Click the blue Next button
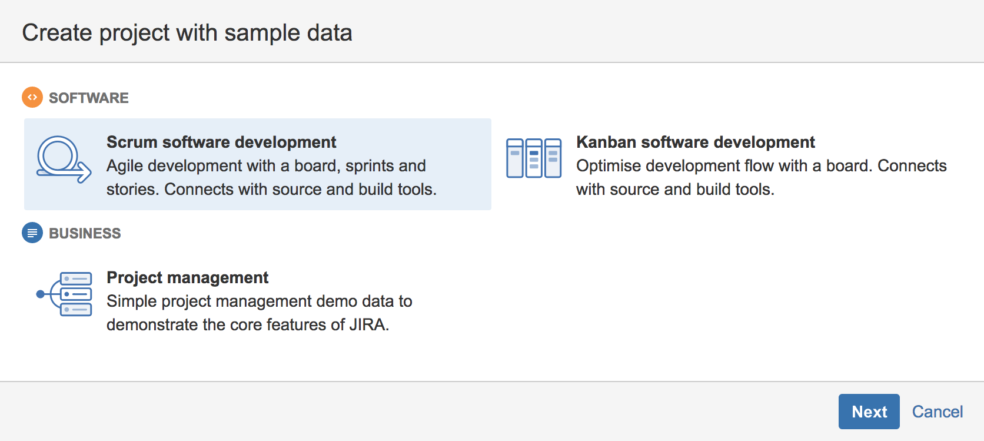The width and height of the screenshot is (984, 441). pyautogui.click(x=869, y=412)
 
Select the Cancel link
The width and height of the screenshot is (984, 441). pyautogui.click(x=938, y=412)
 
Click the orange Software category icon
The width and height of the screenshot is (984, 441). pyautogui.click(x=32, y=97)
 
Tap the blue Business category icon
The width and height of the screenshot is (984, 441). pyautogui.click(x=32, y=233)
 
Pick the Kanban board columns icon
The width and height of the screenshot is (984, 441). pyautogui.click(x=534, y=158)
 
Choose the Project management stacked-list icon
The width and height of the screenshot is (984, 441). pyautogui.click(x=64, y=294)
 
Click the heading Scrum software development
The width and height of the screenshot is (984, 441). pyautogui.click(x=221, y=142)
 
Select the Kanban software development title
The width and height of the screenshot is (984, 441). pyautogui.click(x=696, y=142)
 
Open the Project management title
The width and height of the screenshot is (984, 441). pyautogui.click(x=188, y=277)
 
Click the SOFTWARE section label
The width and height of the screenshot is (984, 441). pyautogui.click(x=89, y=98)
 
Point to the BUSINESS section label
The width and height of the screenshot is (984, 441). pyautogui.click(x=85, y=233)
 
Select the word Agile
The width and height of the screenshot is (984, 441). pyautogui.click(x=125, y=166)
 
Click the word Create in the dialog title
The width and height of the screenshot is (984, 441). pyautogui.click(x=57, y=33)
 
